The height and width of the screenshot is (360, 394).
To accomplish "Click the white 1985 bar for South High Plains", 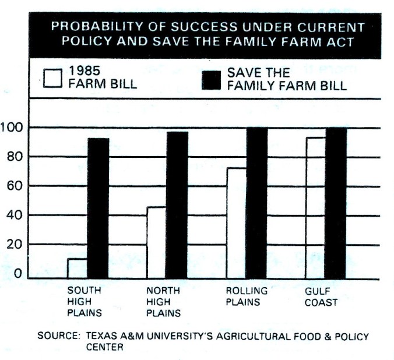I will (x=77, y=269).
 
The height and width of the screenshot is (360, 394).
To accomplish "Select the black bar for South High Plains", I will (x=98, y=209).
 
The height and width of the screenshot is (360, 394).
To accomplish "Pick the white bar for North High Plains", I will (x=156, y=243).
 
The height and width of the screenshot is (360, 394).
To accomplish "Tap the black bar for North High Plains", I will (x=177, y=205).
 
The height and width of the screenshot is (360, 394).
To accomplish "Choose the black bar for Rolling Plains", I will (x=256, y=203).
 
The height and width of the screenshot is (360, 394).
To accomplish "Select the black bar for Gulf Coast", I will (x=336, y=203).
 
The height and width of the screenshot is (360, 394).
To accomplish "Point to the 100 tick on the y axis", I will (x=12, y=128).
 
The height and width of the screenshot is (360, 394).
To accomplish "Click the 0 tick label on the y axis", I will (x=17, y=273).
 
